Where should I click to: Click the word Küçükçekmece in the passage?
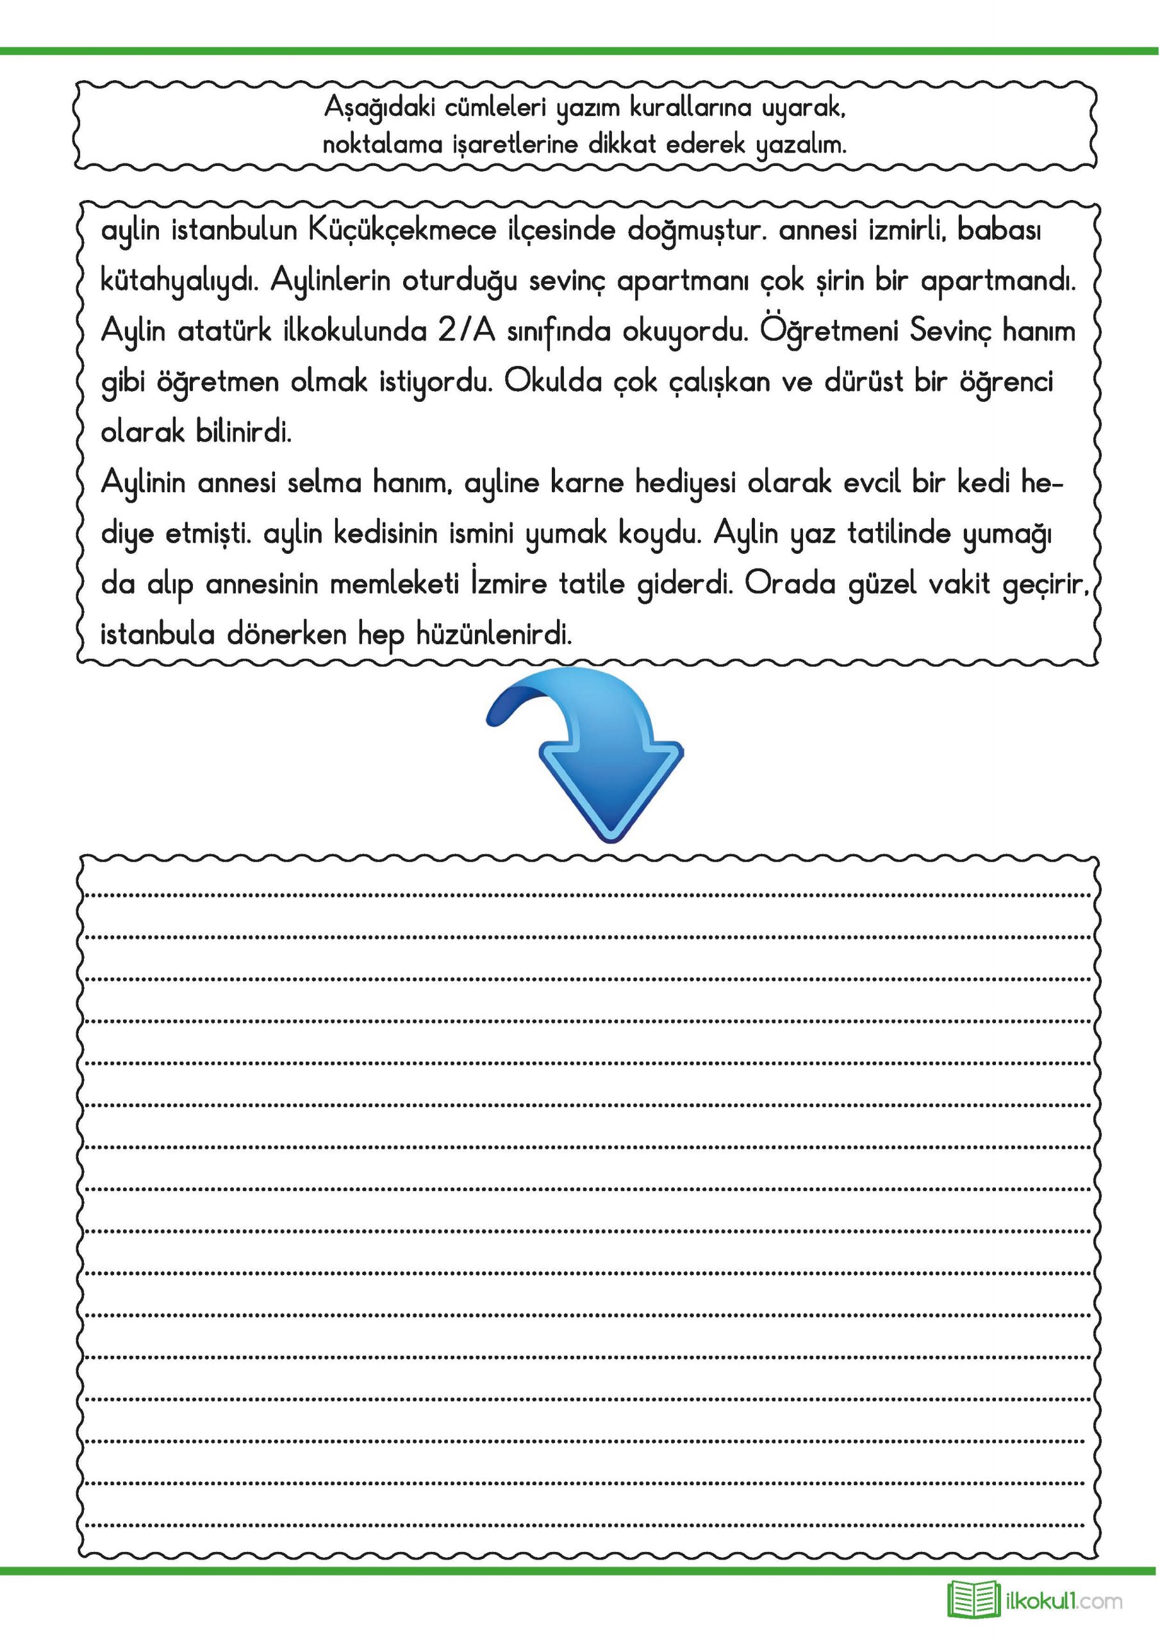click(x=402, y=231)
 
